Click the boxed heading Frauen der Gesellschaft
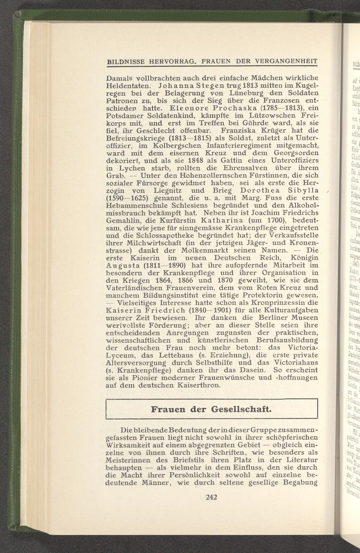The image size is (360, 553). pyautogui.click(x=211, y=410)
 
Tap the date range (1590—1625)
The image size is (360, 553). pyautogui.click(x=127, y=198)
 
